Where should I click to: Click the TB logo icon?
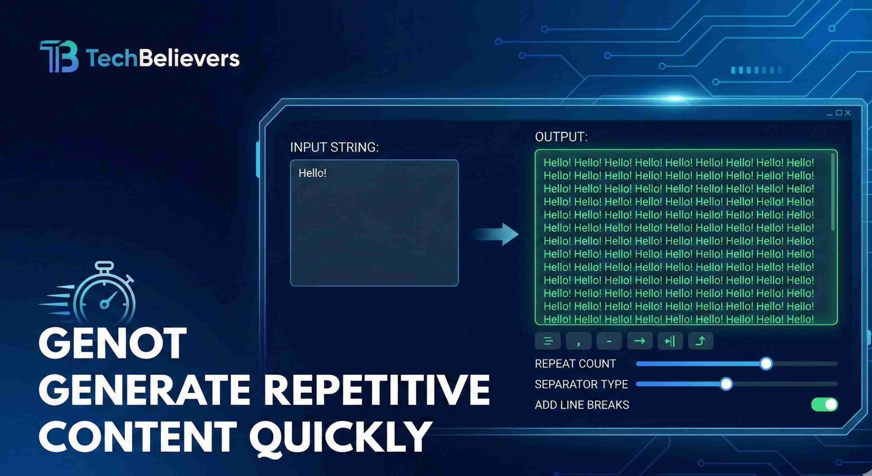tap(59, 57)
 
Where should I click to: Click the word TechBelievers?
tap(163, 58)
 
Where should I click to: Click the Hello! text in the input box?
tap(312, 173)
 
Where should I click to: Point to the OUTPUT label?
tap(561, 137)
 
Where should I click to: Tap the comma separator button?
tap(578, 341)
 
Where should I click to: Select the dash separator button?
tap(609, 341)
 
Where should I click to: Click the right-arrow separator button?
tap(639, 341)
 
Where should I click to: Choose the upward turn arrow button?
tap(700, 341)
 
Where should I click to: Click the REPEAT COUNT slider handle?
tap(766, 364)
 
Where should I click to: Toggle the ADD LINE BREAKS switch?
tap(824, 404)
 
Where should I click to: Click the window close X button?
tap(848, 113)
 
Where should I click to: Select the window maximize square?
tap(839, 113)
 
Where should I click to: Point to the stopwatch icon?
tap(104, 295)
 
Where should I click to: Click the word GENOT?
tap(112, 343)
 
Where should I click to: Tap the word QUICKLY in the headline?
tap(340, 436)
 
